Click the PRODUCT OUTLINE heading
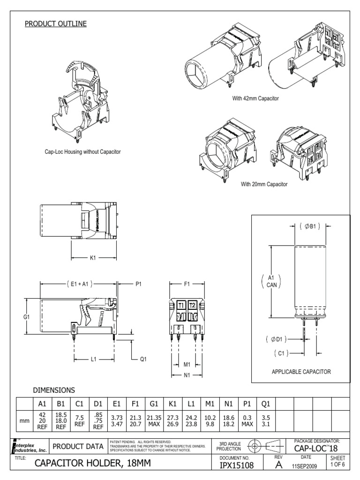(x=55, y=23)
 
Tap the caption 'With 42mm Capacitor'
(x=255, y=99)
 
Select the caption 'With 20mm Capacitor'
(x=264, y=184)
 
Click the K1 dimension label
(x=92, y=257)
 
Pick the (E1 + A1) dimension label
(x=79, y=284)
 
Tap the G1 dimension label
(x=26, y=317)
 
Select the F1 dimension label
(x=187, y=284)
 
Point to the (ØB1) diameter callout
(x=309, y=226)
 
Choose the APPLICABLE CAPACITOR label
(x=301, y=372)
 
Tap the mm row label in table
(x=24, y=421)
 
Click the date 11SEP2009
(x=306, y=467)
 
